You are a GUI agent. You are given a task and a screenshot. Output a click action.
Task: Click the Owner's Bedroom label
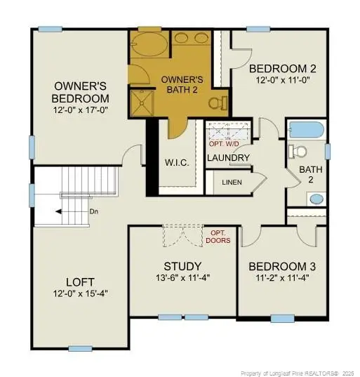[81, 92]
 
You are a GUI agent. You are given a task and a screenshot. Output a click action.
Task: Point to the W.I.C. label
[175, 163]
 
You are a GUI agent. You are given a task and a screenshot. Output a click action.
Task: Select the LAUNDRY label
[228, 158]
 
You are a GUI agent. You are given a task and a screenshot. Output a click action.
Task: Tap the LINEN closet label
[232, 182]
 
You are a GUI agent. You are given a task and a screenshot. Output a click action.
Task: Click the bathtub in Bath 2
[306, 130]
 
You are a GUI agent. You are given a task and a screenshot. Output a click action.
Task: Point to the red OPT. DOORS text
[218, 237]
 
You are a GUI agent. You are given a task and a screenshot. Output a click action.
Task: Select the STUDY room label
[182, 266]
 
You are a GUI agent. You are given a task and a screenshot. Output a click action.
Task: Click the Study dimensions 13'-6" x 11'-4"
[182, 278]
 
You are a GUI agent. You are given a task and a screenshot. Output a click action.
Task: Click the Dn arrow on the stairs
[76, 211]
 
